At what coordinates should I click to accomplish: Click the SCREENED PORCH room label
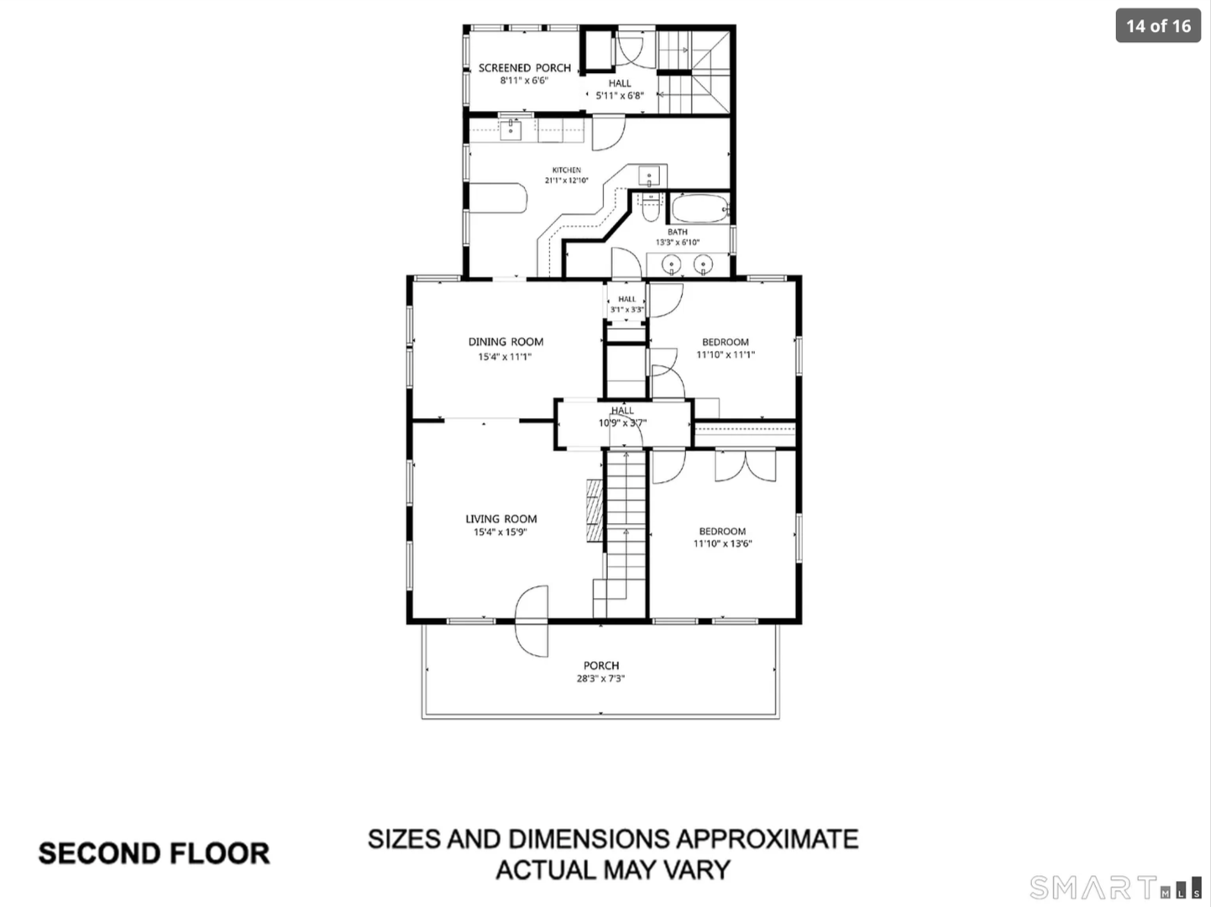pos(524,68)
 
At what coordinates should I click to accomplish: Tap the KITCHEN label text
pos(567,170)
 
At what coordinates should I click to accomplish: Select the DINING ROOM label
pos(506,342)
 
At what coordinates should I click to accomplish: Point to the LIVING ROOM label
pos(501,519)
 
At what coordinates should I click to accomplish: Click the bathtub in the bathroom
pos(700,208)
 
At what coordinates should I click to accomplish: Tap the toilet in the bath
pos(651,207)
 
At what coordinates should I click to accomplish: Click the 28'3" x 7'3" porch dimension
pos(600,679)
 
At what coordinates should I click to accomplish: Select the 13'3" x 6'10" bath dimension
pos(678,242)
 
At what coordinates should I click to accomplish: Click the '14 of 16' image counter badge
pos(1158,26)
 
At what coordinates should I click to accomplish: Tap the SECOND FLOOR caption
pos(154,853)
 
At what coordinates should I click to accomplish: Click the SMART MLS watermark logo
pos(1115,888)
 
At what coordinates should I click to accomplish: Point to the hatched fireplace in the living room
pos(595,511)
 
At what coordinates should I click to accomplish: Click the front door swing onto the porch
pos(532,621)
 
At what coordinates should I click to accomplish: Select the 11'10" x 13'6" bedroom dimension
pos(723,543)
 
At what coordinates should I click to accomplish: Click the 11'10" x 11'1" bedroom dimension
pos(726,354)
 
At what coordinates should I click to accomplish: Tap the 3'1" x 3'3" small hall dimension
pos(626,310)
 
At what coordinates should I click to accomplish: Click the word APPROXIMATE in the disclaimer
pos(768,839)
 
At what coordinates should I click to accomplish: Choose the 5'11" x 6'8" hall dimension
pos(620,96)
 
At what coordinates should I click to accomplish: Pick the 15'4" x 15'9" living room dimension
pos(501,532)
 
